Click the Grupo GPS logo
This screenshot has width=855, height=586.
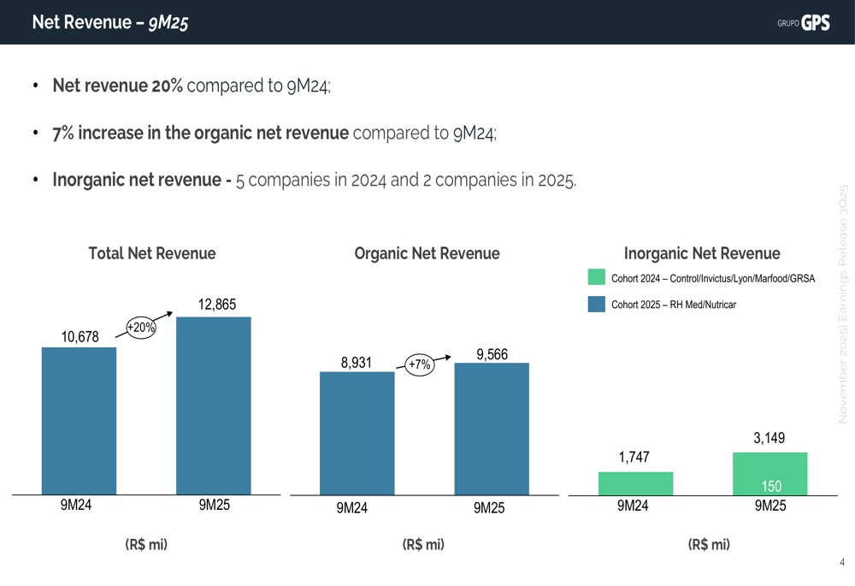(x=804, y=23)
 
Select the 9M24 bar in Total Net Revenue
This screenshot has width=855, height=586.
(x=79, y=420)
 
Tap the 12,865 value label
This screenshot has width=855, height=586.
(x=217, y=304)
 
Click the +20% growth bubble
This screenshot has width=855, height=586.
(x=141, y=328)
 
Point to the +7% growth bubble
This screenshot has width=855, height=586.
(x=419, y=364)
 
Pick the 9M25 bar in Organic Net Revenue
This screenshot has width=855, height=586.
(x=492, y=429)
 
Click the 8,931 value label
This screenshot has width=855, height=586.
(x=356, y=363)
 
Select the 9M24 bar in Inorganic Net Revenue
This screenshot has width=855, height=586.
(x=635, y=483)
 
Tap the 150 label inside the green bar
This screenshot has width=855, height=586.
(x=771, y=487)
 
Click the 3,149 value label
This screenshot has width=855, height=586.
(x=769, y=438)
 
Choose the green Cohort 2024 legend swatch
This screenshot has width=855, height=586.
(x=597, y=278)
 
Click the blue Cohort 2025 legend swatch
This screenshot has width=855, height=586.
(x=597, y=305)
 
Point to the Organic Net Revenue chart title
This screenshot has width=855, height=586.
(x=427, y=253)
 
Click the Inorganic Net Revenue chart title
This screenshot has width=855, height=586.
(x=702, y=253)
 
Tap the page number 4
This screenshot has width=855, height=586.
(x=842, y=563)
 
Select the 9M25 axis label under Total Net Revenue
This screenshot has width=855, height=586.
(x=215, y=506)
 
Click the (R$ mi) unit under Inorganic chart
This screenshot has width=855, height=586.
(x=709, y=544)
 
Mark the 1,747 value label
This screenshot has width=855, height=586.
(x=634, y=458)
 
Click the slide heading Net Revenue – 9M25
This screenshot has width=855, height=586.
(x=110, y=23)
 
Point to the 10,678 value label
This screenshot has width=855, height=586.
(x=80, y=337)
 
